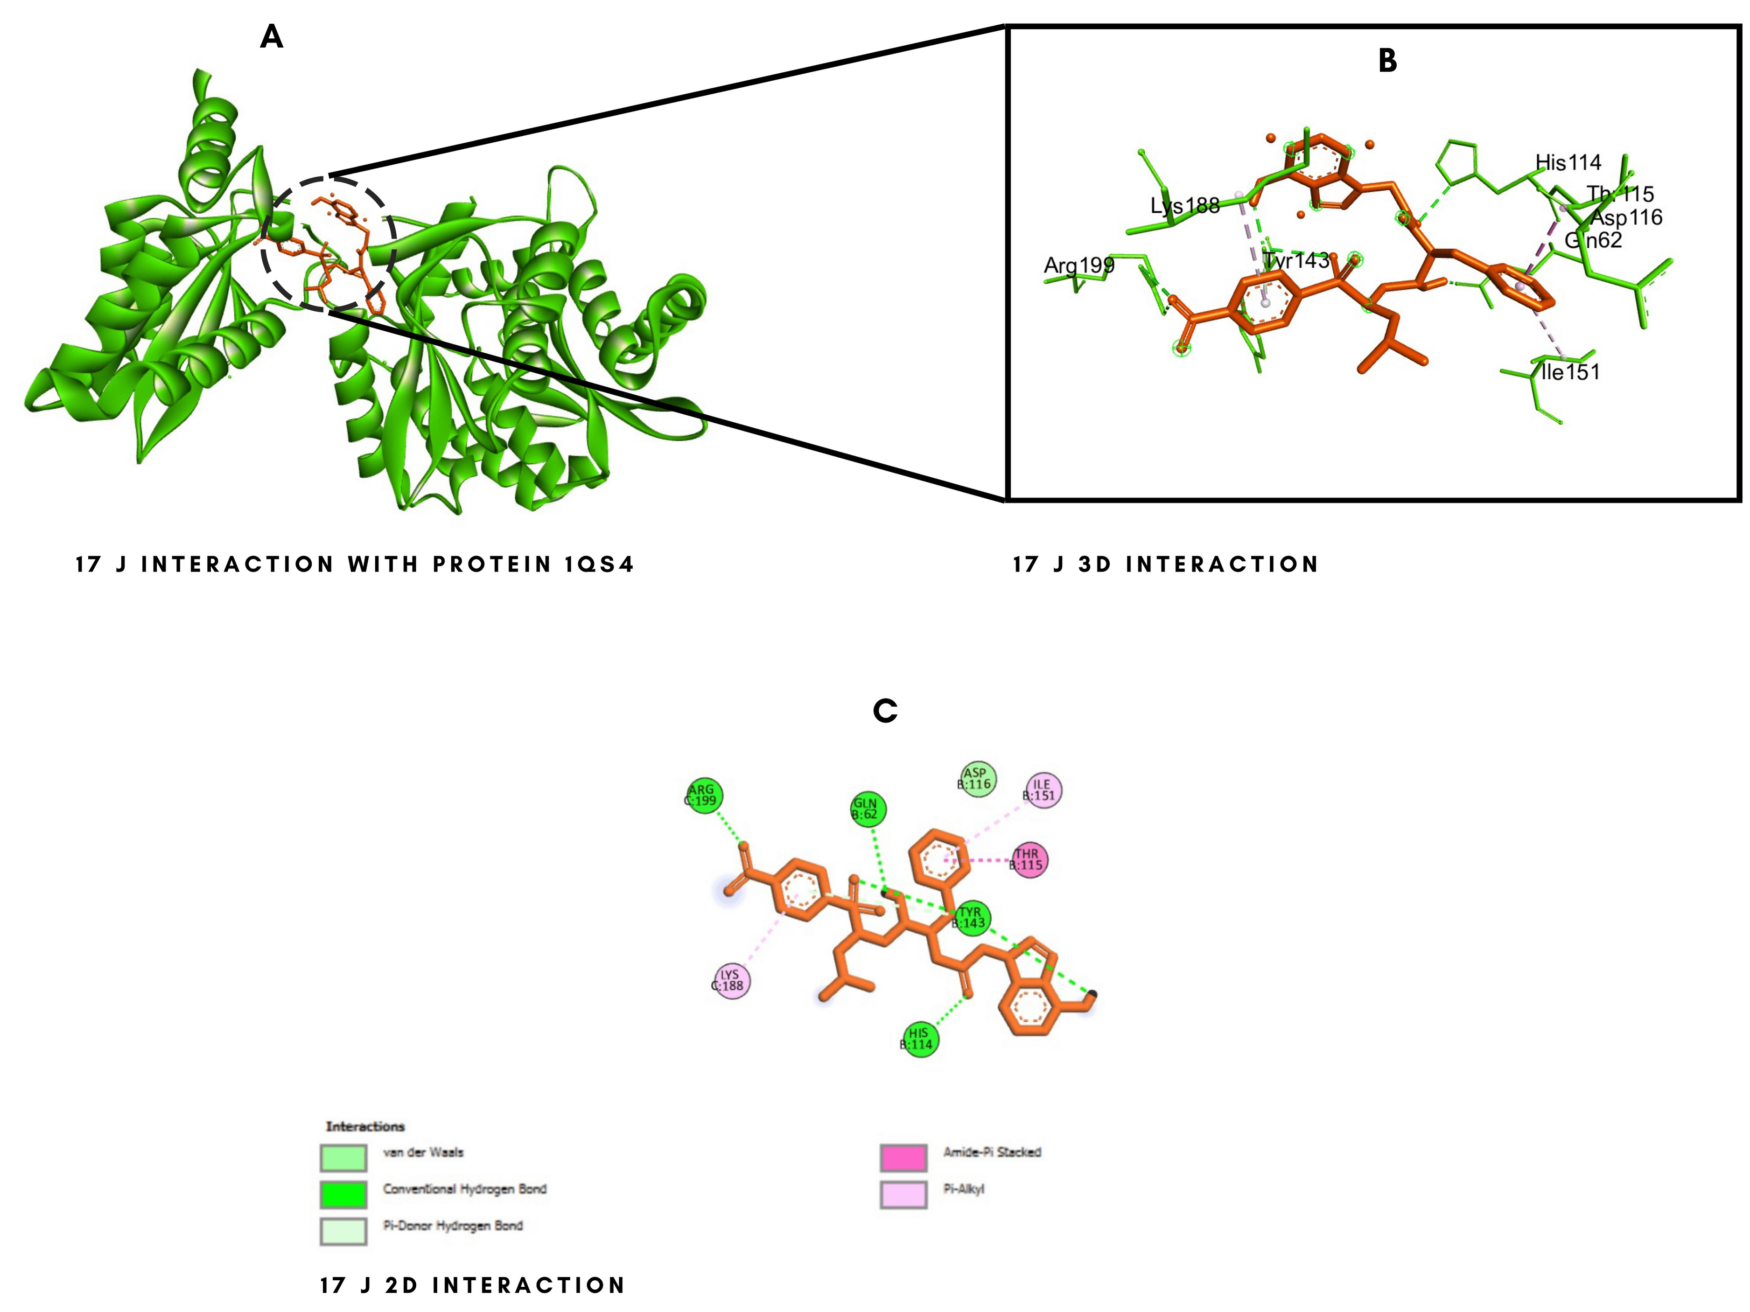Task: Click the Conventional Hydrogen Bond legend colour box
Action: click(343, 1194)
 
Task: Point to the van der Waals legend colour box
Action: click(343, 1158)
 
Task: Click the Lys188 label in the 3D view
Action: click(1184, 206)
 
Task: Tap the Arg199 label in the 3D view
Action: click(1078, 265)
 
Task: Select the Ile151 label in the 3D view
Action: click(1569, 372)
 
